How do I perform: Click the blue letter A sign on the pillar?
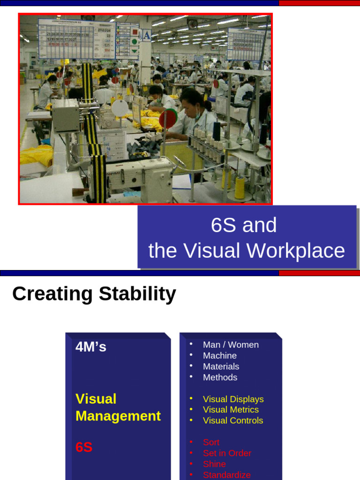click(146, 36)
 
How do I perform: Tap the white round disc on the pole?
click(120, 108)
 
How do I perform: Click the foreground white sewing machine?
click(141, 176)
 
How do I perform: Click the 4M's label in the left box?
click(91, 347)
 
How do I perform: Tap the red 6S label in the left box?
click(84, 447)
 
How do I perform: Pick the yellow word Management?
click(118, 416)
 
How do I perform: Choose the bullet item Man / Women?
click(231, 345)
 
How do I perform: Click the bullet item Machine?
click(220, 355)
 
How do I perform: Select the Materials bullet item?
click(221, 366)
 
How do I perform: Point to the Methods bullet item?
click(220, 377)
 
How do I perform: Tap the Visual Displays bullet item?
click(233, 399)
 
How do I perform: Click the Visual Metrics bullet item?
click(231, 409)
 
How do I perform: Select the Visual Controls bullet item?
click(233, 420)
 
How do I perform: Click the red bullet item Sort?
click(211, 442)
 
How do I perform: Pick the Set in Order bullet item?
click(227, 453)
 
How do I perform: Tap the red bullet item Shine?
click(214, 464)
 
